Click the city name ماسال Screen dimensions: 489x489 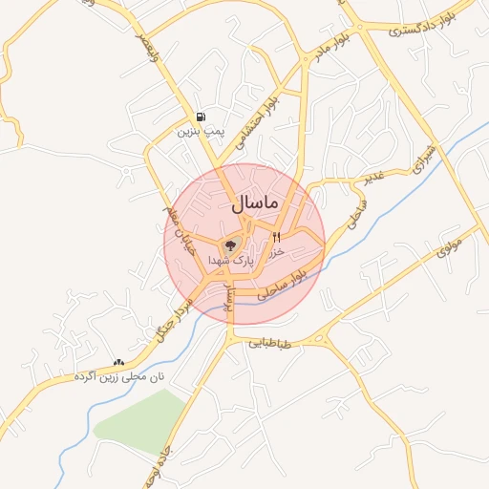[254, 203]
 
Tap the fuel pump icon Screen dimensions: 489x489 [200, 117]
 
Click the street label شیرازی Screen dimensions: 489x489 [424, 161]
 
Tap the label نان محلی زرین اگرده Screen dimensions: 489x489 [119, 377]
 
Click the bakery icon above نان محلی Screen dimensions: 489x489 [118, 363]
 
